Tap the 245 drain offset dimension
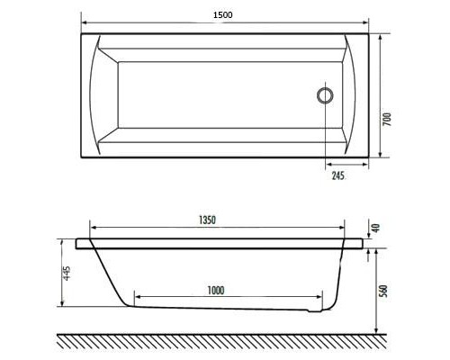tap(337, 176)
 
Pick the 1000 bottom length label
tap(214, 289)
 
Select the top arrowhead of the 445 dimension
tap(60, 241)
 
